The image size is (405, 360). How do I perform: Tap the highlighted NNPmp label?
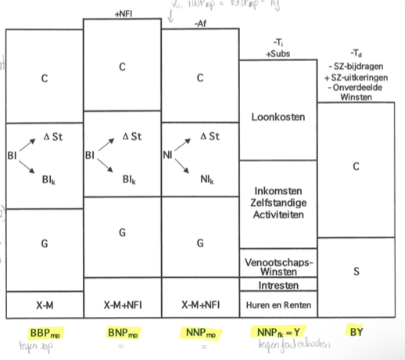click(x=200, y=331)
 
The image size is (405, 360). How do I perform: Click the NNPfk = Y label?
click(x=278, y=331)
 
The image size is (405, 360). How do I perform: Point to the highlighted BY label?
click(x=357, y=331)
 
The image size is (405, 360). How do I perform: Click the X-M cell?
click(x=44, y=304)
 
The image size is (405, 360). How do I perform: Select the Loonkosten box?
click(x=278, y=117)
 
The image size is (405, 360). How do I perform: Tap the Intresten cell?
click(x=278, y=284)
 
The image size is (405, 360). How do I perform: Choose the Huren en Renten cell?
click(x=278, y=304)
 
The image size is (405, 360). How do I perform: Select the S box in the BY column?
click(x=357, y=272)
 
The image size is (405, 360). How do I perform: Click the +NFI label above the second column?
click(x=123, y=13)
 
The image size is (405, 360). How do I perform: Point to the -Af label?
click(x=199, y=24)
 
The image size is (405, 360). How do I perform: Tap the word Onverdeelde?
click(x=357, y=88)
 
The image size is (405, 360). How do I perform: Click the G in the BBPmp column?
click(x=44, y=244)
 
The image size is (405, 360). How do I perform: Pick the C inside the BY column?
click(x=357, y=167)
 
